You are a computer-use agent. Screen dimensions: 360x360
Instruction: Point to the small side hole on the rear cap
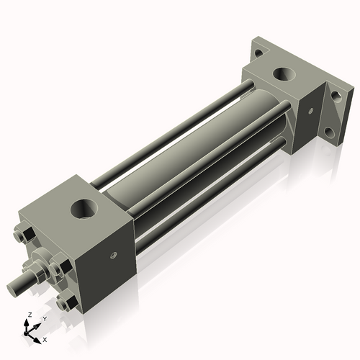point(310,111)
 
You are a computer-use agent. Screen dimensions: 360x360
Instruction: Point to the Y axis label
point(44,318)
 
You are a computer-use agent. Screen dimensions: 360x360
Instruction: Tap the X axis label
point(45,338)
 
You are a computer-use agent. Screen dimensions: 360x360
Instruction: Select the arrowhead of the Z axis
point(27,323)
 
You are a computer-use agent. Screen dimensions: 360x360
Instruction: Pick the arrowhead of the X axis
point(39,337)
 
